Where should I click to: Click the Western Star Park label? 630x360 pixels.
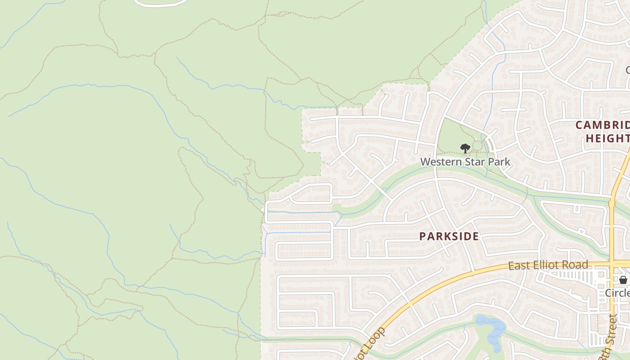click(x=465, y=162)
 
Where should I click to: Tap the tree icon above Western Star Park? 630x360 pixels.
click(x=465, y=148)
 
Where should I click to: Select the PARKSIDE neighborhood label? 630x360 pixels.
click(x=449, y=236)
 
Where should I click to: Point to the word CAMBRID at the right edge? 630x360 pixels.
click(x=603, y=125)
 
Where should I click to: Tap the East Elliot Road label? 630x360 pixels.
click(x=548, y=265)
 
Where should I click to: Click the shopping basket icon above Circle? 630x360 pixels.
click(x=623, y=280)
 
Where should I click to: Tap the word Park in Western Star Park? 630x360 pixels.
click(x=499, y=162)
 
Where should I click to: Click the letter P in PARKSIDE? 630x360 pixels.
click(x=423, y=236)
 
